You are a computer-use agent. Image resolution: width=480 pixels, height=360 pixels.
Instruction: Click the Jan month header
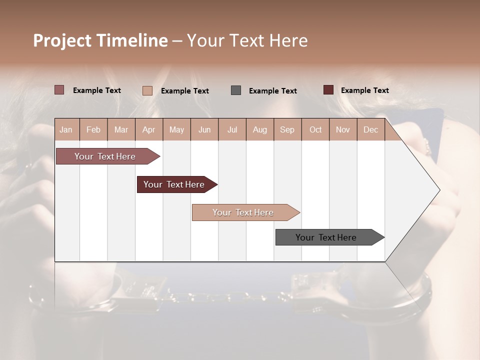66,129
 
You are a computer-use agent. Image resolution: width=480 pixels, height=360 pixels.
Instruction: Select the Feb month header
93,129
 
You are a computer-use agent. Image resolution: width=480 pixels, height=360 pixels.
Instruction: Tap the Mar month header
121,129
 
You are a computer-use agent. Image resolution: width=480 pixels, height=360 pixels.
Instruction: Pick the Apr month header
149,129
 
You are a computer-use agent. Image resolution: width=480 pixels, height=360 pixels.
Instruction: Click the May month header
176,129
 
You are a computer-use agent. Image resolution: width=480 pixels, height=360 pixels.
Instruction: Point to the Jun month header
204,129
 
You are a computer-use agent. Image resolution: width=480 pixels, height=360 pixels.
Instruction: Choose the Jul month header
232,129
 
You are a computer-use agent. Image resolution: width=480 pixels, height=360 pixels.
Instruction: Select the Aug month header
260,129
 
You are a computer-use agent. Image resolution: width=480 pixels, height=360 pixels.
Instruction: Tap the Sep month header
287,129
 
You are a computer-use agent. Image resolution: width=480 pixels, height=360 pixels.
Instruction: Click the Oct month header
315,129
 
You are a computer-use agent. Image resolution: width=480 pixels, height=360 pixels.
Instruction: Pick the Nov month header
343,129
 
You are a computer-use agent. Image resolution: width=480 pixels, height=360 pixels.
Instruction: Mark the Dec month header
370,129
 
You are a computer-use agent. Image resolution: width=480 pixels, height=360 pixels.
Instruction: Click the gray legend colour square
236,90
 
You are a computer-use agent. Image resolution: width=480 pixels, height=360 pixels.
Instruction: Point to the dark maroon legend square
328,90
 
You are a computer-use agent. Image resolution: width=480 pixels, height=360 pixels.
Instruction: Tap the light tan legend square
147,90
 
